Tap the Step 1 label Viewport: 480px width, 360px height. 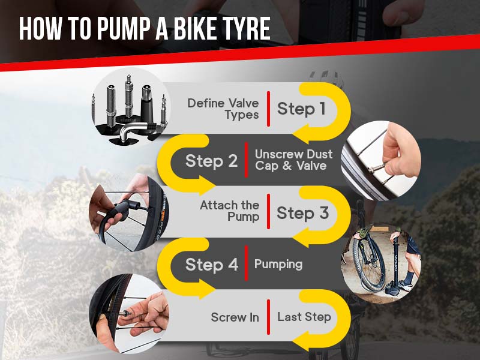(x=301, y=109)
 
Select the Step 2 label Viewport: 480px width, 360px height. (x=212, y=161)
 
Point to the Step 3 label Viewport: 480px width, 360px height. (x=302, y=213)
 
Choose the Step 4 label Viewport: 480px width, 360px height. (x=212, y=265)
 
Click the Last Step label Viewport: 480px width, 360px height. (x=304, y=317)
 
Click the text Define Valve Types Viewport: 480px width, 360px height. (x=223, y=109)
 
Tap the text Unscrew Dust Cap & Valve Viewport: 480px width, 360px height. (x=293, y=160)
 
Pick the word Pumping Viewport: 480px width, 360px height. (x=278, y=265)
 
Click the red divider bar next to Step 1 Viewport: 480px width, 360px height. (x=269, y=109)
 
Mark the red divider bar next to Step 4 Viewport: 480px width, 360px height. (x=246, y=265)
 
